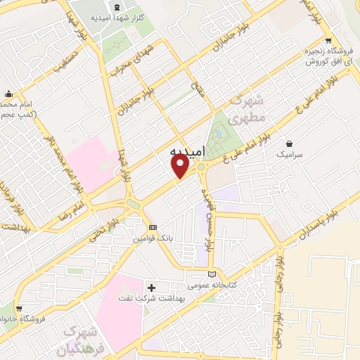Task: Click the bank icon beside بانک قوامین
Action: (x=153, y=227)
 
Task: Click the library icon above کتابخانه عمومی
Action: (x=212, y=274)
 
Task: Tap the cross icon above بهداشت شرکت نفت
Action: (x=151, y=287)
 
